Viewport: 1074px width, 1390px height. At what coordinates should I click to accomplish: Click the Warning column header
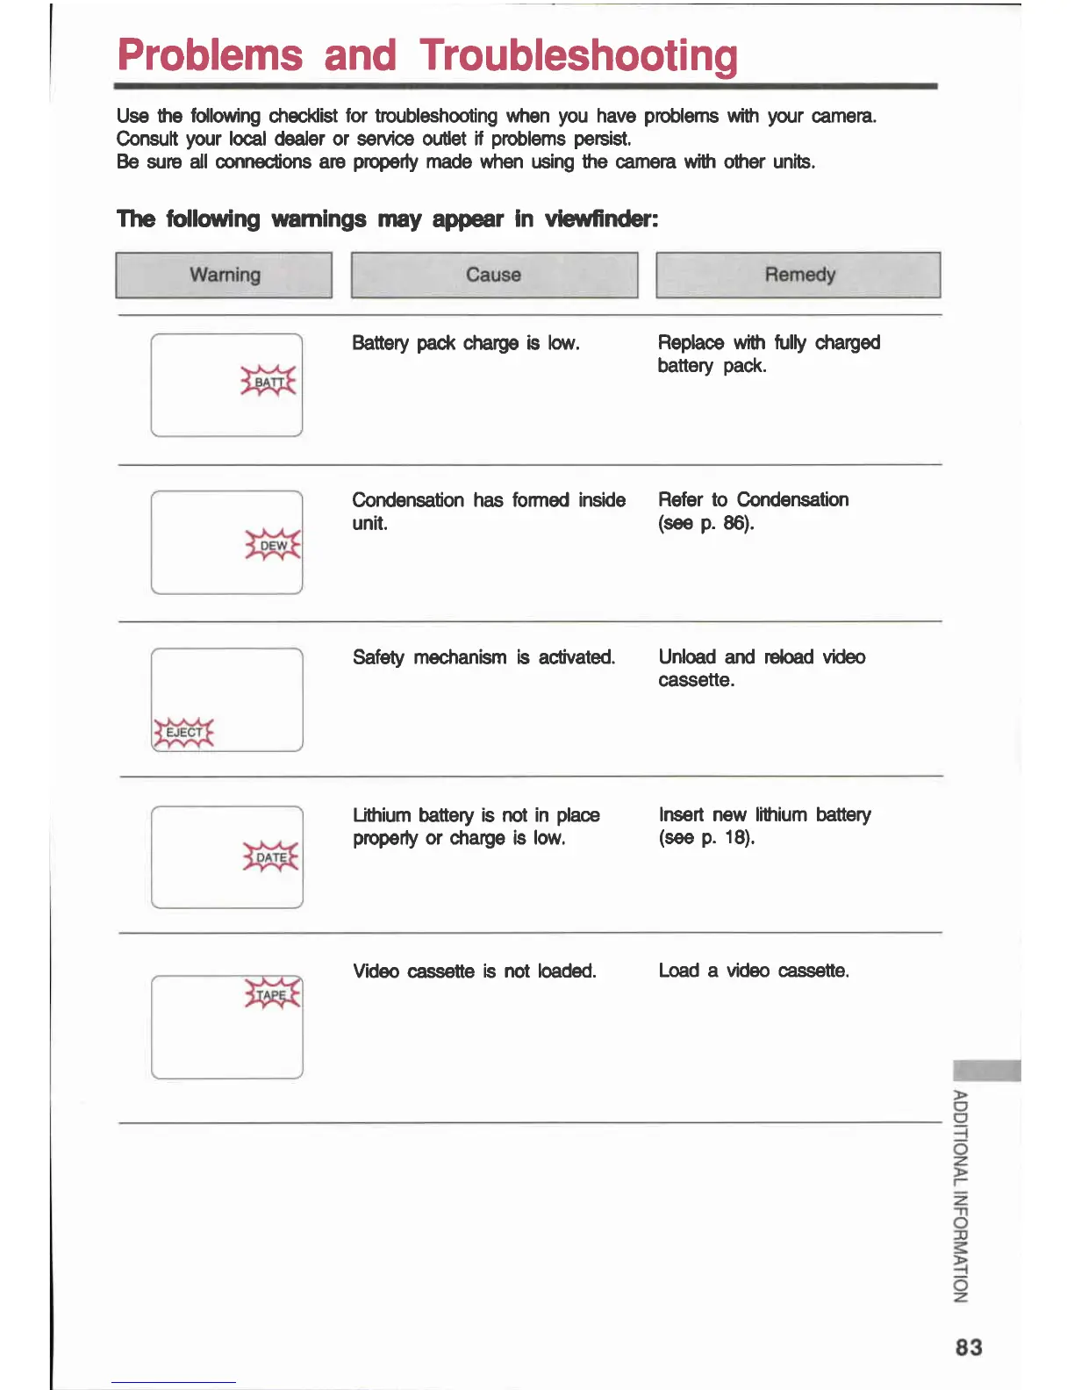click(x=224, y=275)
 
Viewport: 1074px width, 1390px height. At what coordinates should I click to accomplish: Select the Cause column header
click(x=494, y=275)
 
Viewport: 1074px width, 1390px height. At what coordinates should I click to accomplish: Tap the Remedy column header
click(x=798, y=275)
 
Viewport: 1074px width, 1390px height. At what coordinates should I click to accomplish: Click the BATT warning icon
click(x=268, y=382)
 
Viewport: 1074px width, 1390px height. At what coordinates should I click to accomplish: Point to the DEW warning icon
click(x=273, y=545)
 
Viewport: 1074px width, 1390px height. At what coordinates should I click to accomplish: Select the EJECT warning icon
click(x=183, y=732)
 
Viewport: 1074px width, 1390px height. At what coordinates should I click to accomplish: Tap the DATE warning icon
click(x=271, y=856)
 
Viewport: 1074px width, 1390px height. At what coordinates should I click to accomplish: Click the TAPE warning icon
click(x=272, y=994)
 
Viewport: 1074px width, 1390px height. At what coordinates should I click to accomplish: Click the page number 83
click(x=969, y=1347)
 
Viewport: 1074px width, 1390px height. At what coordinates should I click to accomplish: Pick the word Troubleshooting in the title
click(x=578, y=55)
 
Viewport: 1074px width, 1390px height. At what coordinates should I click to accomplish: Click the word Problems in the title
click(x=210, y=55)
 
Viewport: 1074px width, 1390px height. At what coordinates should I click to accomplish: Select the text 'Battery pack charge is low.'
click(x=466, y=343)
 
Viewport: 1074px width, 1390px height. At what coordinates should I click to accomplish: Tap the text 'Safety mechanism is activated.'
click(x=483, y=657)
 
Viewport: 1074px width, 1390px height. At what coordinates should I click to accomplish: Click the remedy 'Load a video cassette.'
click(x=754, y=971)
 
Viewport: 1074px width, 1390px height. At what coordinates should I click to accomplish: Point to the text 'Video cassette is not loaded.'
click(x=474, y=971)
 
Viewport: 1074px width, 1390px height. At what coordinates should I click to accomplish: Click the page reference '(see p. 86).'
click(x=706, y=523)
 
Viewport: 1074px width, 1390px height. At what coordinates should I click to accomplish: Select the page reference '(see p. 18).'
click(x=706, y=837)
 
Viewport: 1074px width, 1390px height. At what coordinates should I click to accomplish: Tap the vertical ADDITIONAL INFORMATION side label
click(x=961, y=1196)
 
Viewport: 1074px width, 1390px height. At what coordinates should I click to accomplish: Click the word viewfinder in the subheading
click(x=601, y=219)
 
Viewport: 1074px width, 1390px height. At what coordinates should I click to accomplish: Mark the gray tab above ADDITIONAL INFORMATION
click(x=986, y=1071)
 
